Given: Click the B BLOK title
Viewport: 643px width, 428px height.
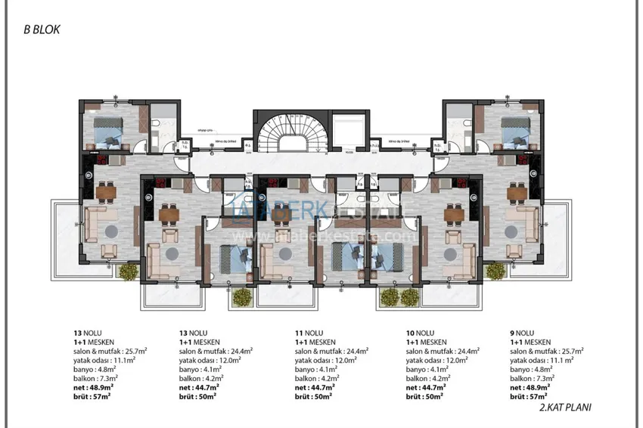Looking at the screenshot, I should tap(41, 31).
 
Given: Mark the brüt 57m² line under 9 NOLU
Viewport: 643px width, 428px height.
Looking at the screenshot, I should tap(530, 395).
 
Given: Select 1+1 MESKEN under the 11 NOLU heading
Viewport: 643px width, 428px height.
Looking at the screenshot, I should tap(314, 342).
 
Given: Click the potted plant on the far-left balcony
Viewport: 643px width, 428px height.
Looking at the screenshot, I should tap(126, 271).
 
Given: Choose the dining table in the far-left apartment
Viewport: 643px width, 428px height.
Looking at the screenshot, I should tap(104, 191).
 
